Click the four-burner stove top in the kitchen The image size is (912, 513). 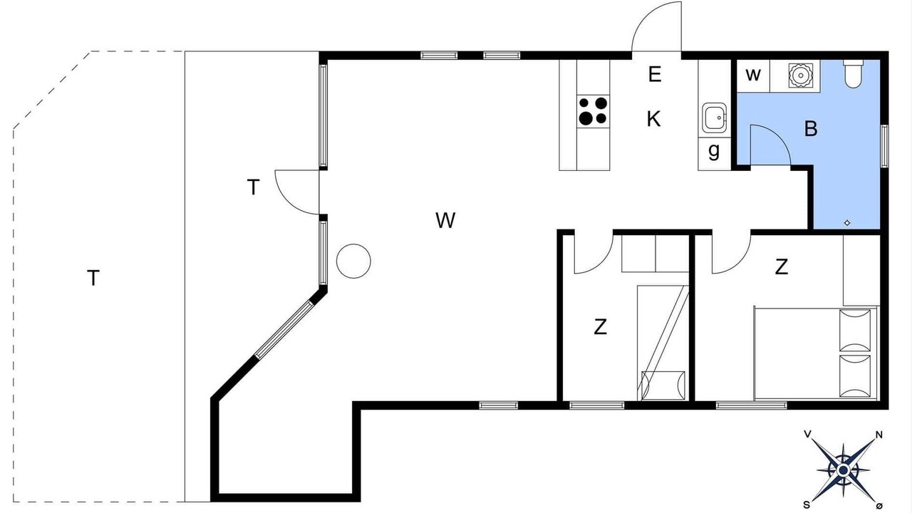[594, 112]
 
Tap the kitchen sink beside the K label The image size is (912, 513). [714, 118]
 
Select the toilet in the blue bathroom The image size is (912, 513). [853, 73]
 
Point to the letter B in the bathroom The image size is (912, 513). [811, 129]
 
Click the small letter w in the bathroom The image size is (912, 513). [753, 75]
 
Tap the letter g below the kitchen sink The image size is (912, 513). [714, 151]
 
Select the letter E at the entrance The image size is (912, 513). [654, 75]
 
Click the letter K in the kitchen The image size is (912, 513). [654, 119]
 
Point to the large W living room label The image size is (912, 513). [445, 220]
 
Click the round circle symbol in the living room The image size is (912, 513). [353, 261]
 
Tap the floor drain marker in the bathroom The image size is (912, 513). [847, 223]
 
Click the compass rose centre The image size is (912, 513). [843, 471]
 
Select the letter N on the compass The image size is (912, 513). [879, 435]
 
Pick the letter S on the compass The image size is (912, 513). [807, 505]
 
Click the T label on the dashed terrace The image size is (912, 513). [93, 278]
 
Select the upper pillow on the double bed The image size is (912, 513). [855, 330]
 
